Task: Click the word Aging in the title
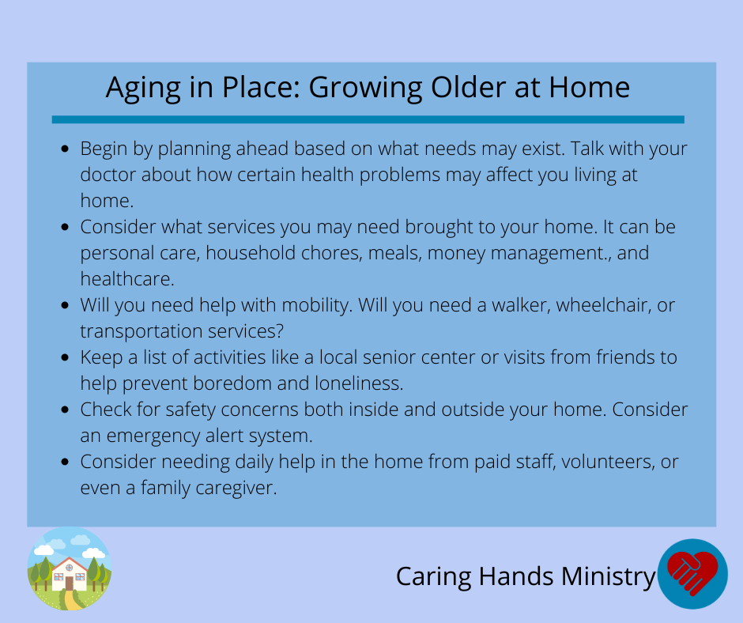click(x=143, y=89)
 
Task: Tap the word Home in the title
click(x=590, y=87)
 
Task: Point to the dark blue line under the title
click(x=368, y=119)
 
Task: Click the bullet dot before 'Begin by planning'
click(x=66, y=149)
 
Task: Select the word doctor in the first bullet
click(x=107, y=175)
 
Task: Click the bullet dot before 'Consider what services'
click(x=66, y=227)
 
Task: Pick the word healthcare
click(x=127, y=279)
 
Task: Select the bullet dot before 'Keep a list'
click(x=66, y=357)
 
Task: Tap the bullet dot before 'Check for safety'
click(x=66, y=410)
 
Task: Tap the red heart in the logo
click(x=692, y=572)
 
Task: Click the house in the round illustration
click(x=70, y=574)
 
